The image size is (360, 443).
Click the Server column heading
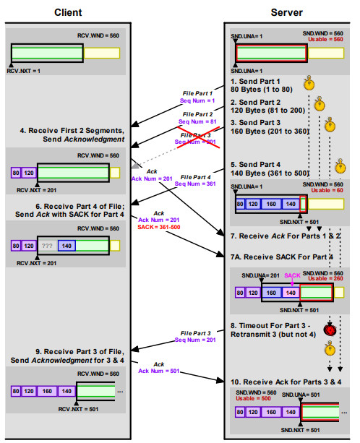[x=286, y=12]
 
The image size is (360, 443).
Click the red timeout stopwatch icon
[x=330, y=330]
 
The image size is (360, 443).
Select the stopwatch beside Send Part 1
[x=309, y=84]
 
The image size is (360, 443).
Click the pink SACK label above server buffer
[x=292, y=275]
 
